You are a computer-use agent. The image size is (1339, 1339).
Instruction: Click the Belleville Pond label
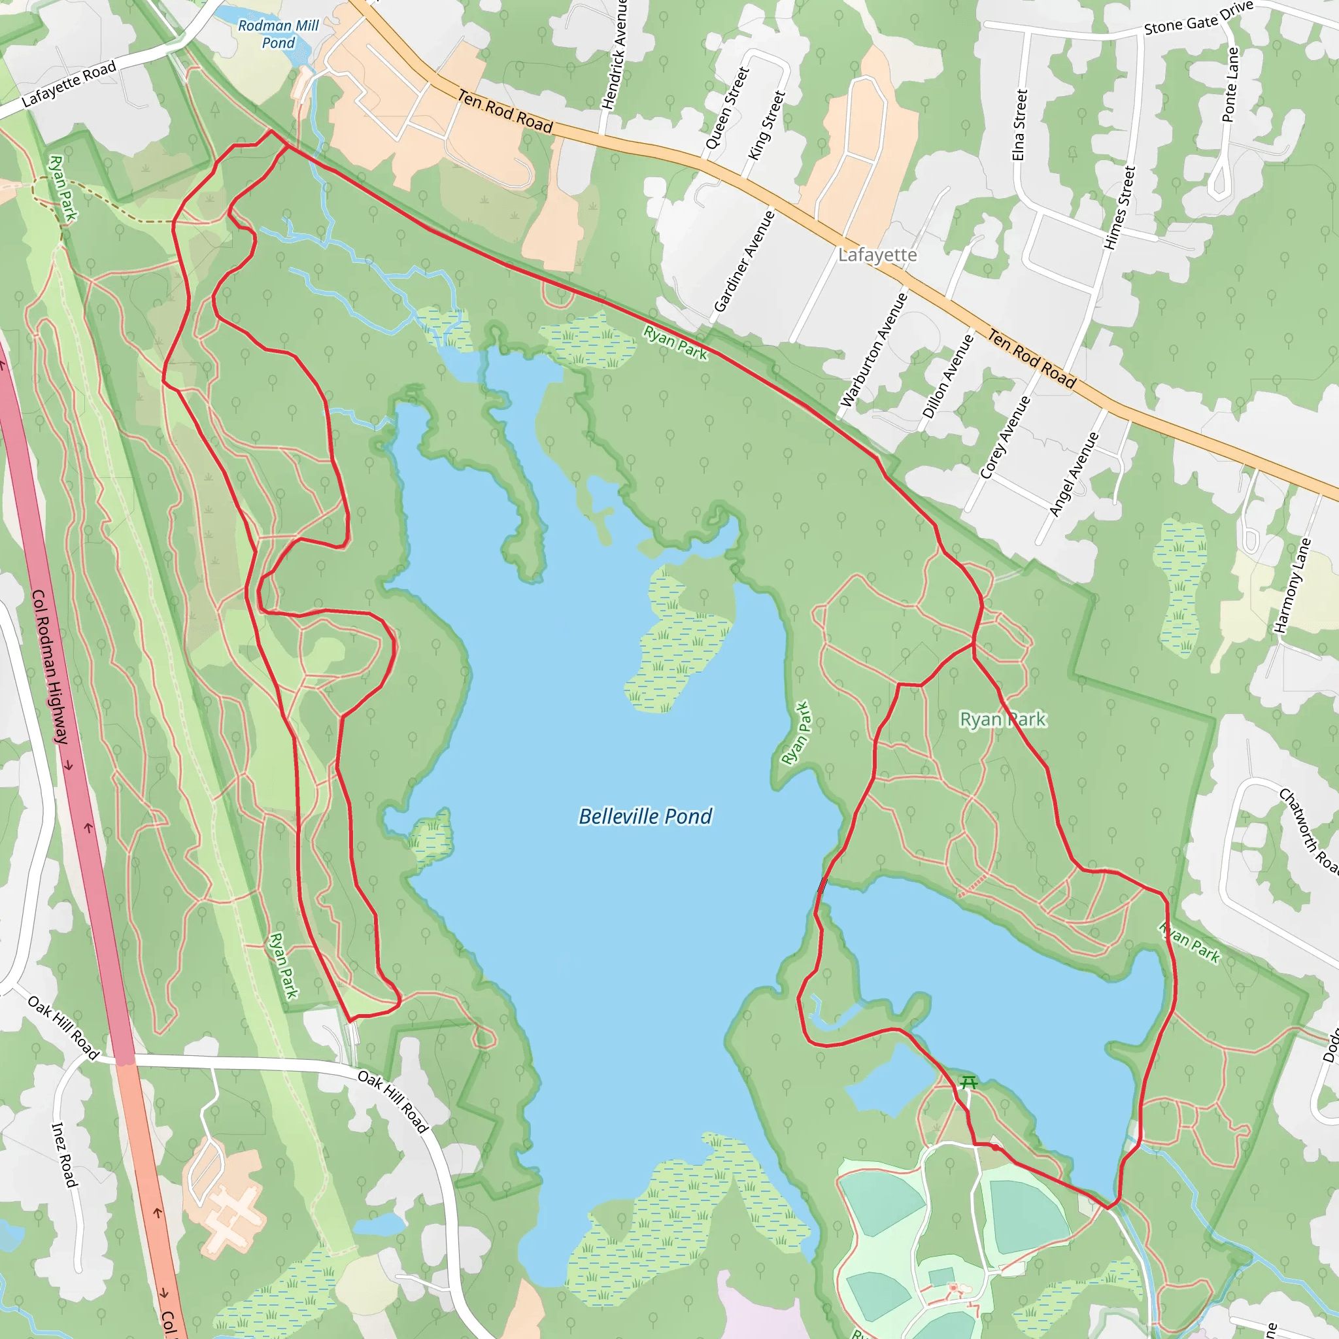tap(645, 817)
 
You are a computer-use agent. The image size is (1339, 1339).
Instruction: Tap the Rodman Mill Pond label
tap(278, 34)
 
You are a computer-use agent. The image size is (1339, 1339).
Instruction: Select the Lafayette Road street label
tap(69, 84)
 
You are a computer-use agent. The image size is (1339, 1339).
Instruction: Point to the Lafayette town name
tap(877, 255)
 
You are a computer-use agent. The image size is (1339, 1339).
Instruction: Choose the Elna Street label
tap(1019, 125)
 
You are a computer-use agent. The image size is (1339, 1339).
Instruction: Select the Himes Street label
tap(1120, 208)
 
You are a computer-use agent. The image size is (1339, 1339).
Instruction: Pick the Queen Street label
tap(727, 108)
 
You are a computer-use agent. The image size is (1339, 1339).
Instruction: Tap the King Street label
tap(766, 126)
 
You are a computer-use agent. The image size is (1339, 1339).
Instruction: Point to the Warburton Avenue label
tap(874, 350)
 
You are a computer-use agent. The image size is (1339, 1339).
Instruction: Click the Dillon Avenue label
tap(948, 377)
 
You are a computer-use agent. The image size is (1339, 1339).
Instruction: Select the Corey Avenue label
tap(1005, 437)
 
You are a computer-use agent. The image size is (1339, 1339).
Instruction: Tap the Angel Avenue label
tap(1074, 475)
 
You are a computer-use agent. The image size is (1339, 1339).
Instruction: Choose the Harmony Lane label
tap(1293, 586)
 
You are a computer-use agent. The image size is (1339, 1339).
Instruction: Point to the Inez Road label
tap(65, 1155)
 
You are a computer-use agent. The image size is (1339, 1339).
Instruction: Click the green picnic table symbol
tap(969, 1082)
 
